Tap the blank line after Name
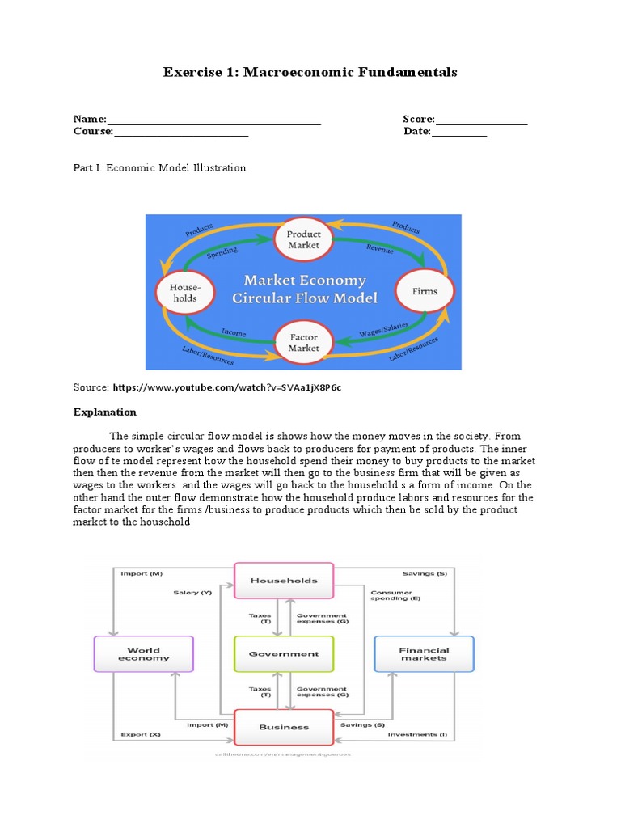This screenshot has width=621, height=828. [x=213, y=120]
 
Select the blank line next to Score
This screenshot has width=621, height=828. [x=481, y=120]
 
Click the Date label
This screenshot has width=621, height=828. [x=416, y=132]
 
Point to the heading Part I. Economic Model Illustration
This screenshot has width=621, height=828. [x=159, y=168]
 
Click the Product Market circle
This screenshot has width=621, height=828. [x=303, y=239]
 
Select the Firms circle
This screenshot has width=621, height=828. [x=425, y=291]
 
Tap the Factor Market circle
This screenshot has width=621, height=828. [x=303, y=343]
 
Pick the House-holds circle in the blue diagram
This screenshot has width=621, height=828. [x=184, y=292]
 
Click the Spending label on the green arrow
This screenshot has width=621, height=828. [x=222, y=252]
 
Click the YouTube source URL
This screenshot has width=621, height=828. [x=226, y=388]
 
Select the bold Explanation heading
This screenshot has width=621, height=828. [x=105, y=412]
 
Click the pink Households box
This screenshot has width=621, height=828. [x=283, y=581]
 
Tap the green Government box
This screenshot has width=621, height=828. [x=283, y=654]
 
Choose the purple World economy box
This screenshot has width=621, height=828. [x=144, y=653]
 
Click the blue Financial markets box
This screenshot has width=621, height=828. [x=424, y=653]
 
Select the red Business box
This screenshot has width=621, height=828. [x=284, y=727]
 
